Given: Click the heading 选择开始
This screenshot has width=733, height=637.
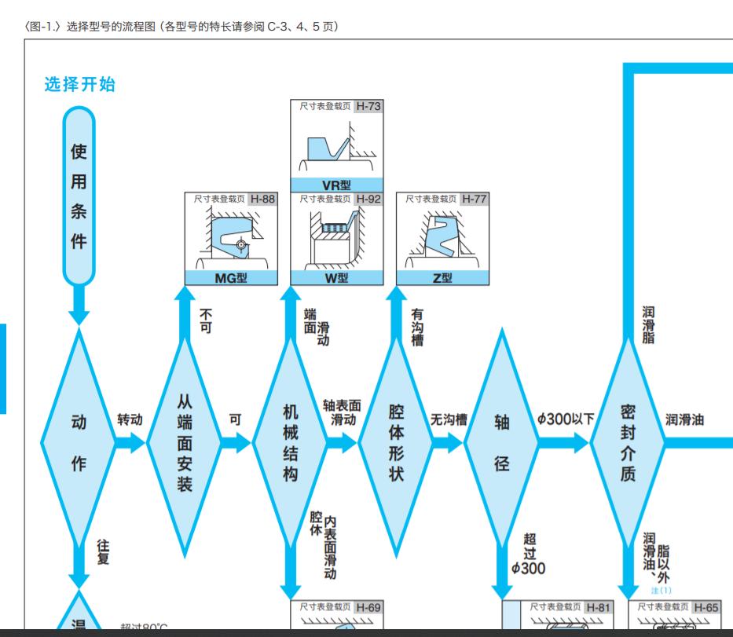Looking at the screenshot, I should [80, 85].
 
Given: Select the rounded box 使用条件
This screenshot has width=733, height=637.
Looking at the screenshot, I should [79, 196].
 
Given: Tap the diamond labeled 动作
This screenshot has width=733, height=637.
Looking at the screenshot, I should [79, 442].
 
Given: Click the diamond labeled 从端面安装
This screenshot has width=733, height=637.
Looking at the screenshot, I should [185, 442].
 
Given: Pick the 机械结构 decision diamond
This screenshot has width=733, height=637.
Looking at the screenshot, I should [290, 442].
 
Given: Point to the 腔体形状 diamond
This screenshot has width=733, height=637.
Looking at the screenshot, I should [396, 442].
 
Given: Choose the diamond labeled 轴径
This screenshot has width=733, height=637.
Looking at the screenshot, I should [501, 442].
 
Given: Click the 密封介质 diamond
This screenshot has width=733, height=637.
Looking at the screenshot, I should [627, 442].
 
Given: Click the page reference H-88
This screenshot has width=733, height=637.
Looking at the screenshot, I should [262, 199].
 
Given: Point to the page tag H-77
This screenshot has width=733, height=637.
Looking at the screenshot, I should [474, 199].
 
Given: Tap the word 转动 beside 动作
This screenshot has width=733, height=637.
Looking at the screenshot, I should [130, 419].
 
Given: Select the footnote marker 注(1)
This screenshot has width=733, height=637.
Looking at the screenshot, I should [661, 590].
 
